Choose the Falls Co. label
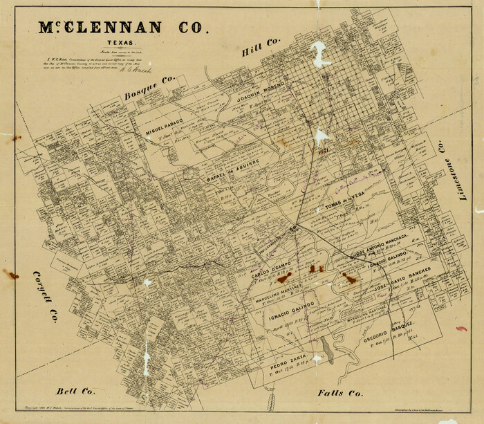pos(340,393)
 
